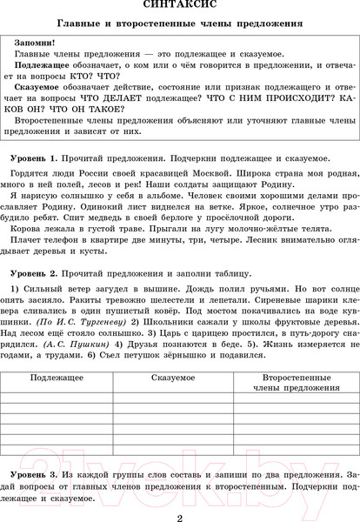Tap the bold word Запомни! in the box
(34, 42)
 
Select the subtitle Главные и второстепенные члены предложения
(179, 23)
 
